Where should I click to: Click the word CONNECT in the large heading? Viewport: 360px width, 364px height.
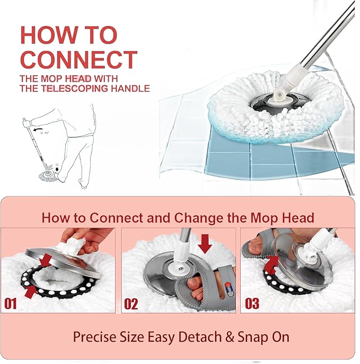79,59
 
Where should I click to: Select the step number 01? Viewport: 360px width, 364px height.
11,304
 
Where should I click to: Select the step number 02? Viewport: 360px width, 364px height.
131,304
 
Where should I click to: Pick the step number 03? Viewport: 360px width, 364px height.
252,303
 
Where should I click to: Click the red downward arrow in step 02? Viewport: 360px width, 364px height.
205,244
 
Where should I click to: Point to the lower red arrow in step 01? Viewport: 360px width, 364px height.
31,291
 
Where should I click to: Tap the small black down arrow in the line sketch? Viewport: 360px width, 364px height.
57,169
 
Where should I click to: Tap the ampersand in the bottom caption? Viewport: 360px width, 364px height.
230,337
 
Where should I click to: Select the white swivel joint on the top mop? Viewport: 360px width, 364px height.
279,95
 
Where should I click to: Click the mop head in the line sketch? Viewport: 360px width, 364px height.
48,176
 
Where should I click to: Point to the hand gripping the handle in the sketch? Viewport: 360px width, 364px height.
27,122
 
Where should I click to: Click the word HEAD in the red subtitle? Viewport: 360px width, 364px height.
78,79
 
